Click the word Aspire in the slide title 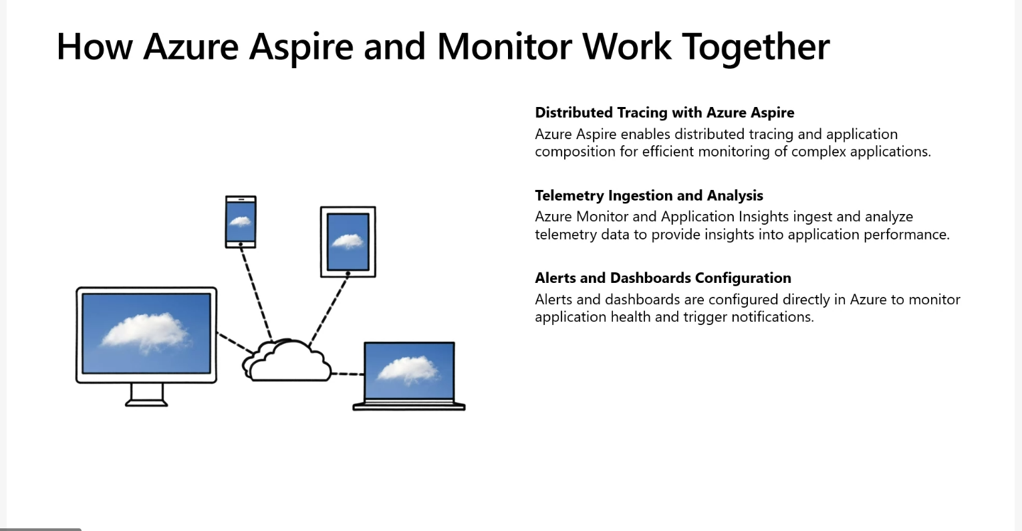pyautogui.click(x=301, y=47)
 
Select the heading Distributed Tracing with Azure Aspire pyautogui.click(x=664, y=112)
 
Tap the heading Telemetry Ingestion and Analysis pyautogui.click(x=648, y=195)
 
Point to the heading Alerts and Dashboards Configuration pyautogui.click(x=662, y=278)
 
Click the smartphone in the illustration pyautogui.click(x=241, y=222)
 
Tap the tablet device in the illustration pyautogui.click(x=348, y=241)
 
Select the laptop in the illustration pyautogui.click(x=409, y=375)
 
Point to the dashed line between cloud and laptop pyautogui.click(x=348, y=374)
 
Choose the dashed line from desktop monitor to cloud pyautogui.click(x=234, y=342)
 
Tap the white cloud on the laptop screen pyautogui.click(x=408, y=369)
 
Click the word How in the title pyautogui.click(x=94, y=47)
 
